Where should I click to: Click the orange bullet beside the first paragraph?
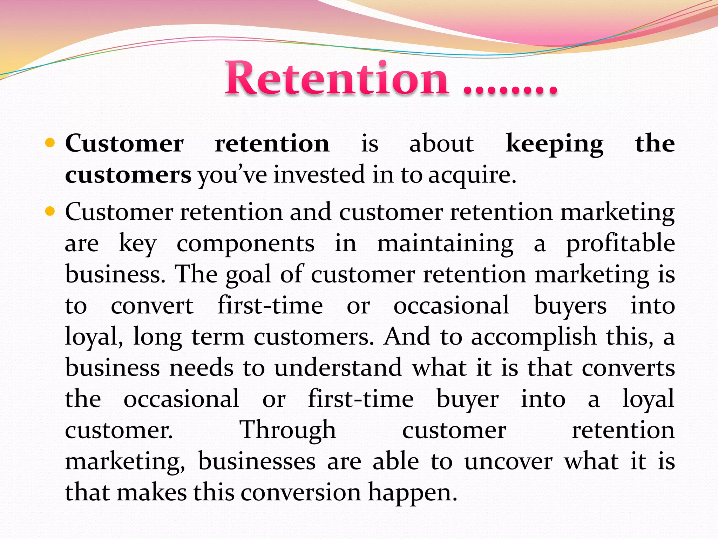coord(50,143)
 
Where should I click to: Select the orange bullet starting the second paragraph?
coord(50,211)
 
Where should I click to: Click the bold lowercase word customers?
coord(128,175)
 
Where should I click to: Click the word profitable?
coord(621,243)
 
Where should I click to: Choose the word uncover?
coord(508,461)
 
